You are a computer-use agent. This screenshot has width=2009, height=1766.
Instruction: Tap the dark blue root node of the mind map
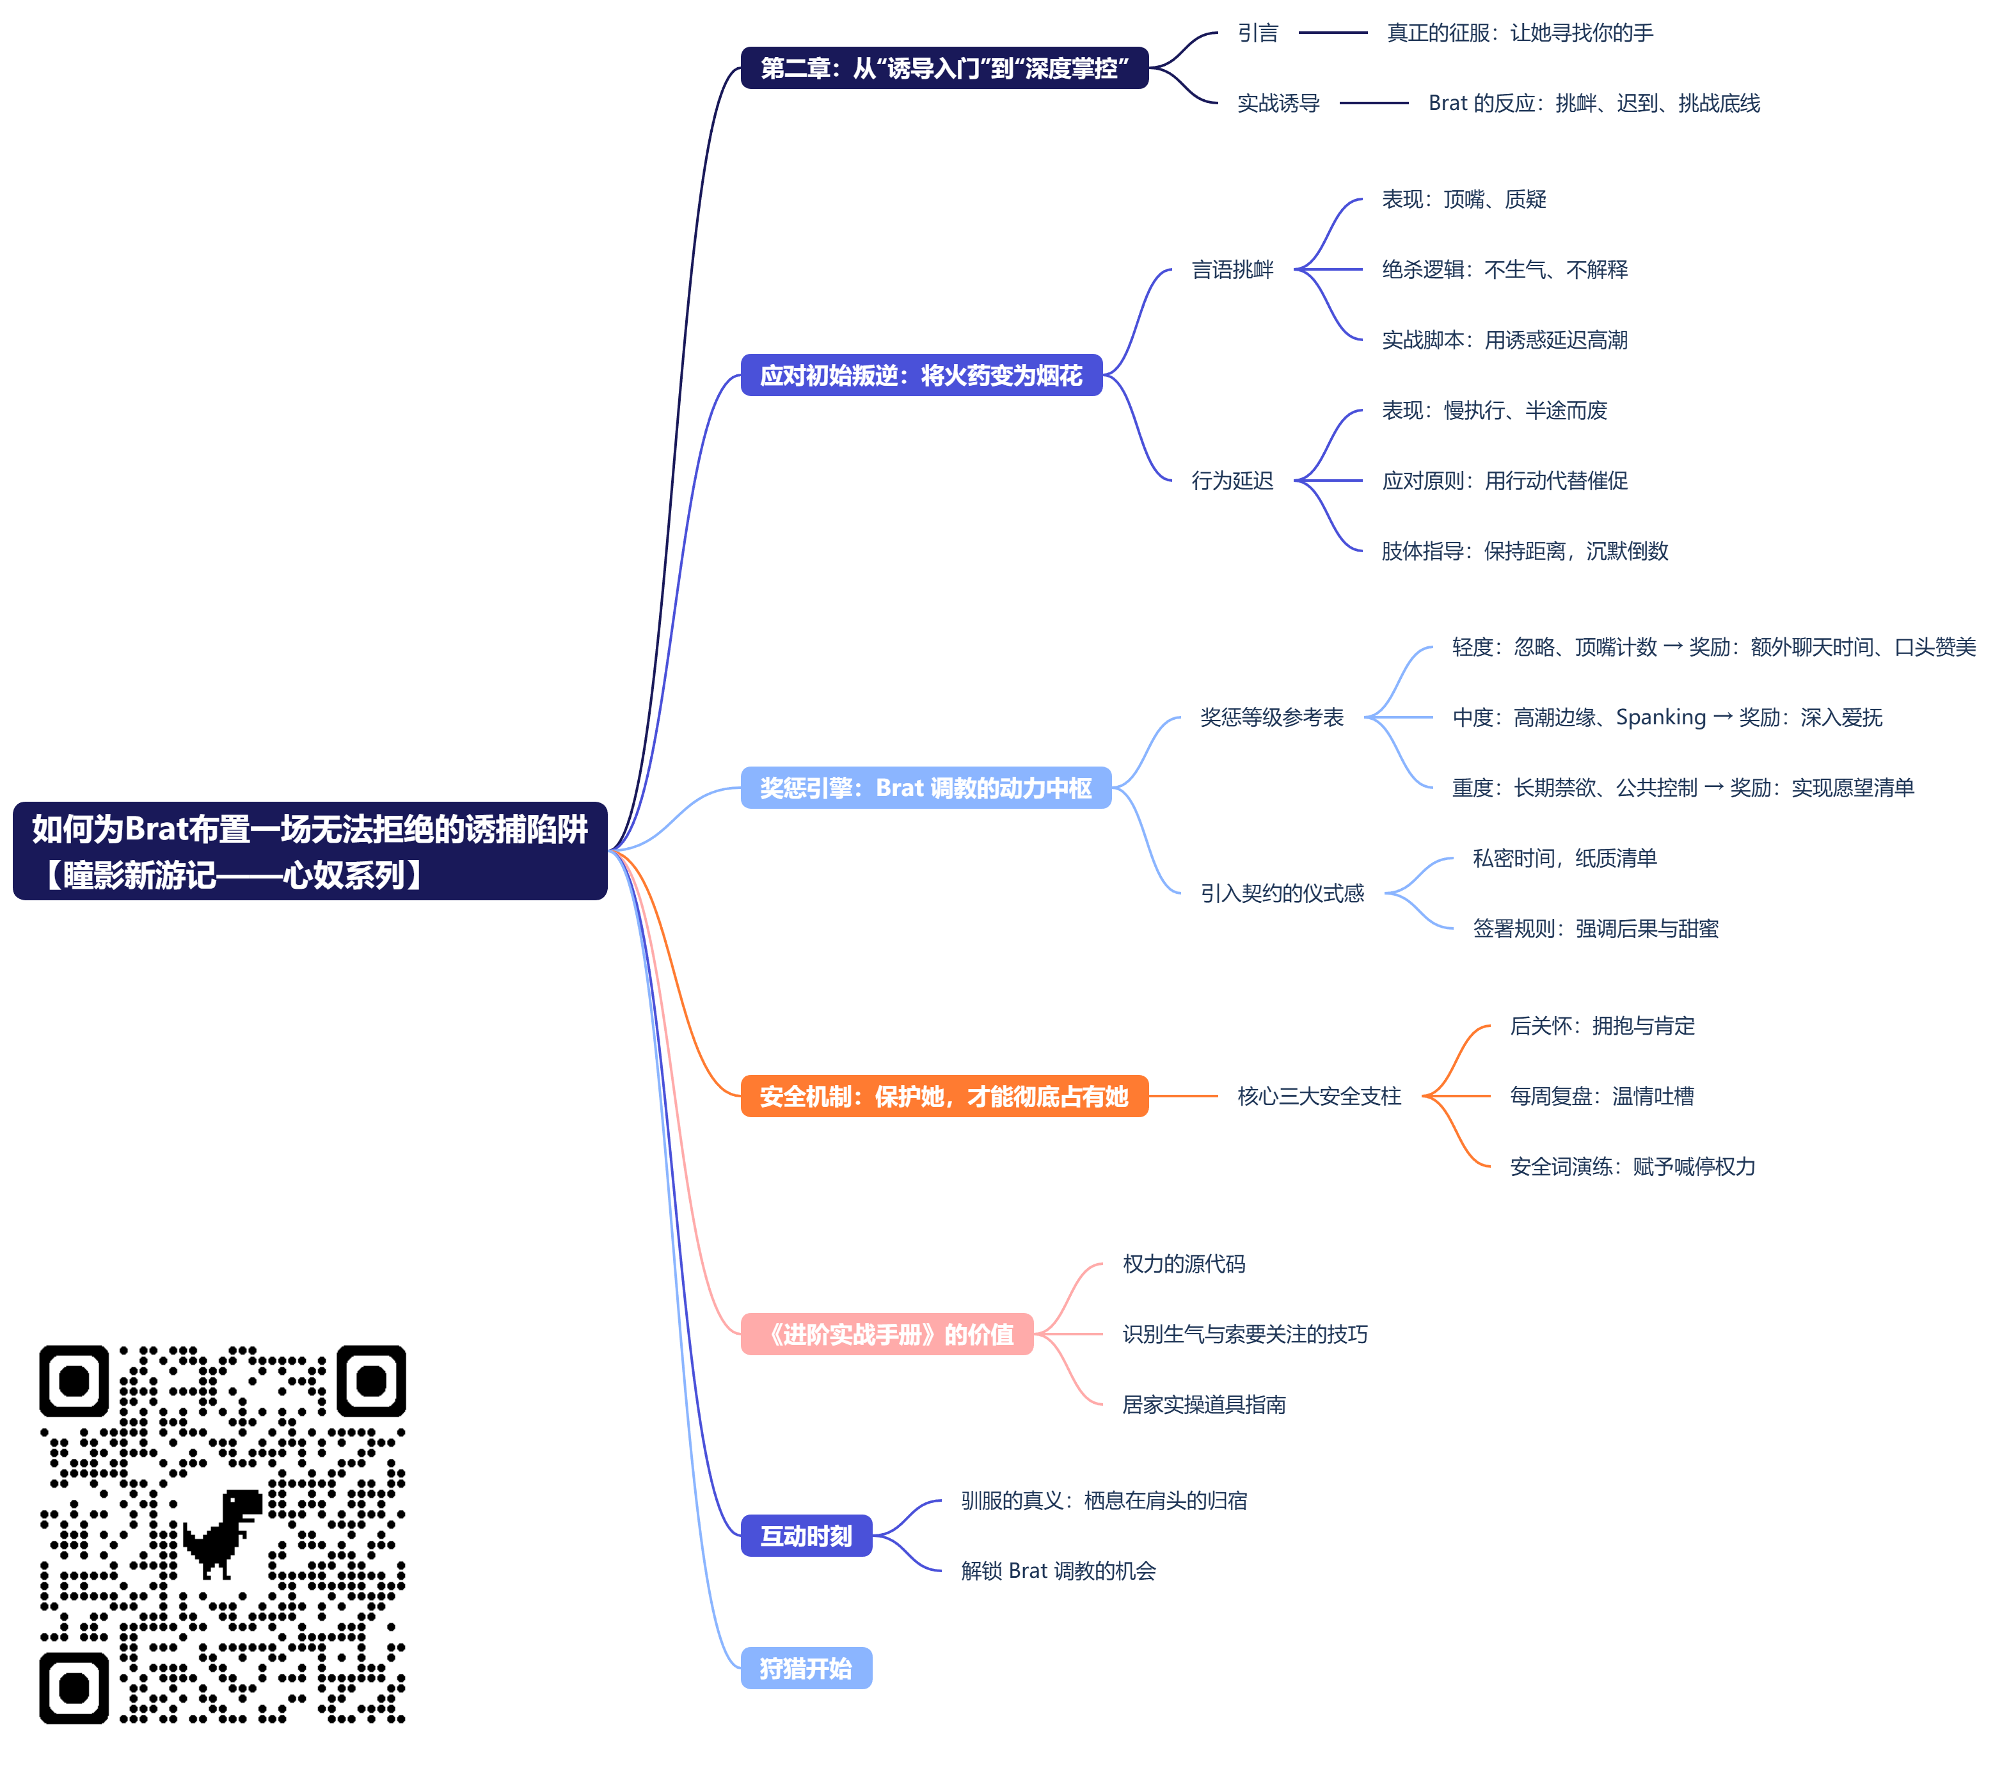[310, 851]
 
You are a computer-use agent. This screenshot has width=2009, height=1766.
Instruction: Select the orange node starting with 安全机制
[944, 1096]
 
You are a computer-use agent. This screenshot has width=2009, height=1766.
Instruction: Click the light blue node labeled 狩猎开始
[806, 1667]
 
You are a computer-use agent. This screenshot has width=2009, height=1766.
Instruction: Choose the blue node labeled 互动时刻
[806, 1535]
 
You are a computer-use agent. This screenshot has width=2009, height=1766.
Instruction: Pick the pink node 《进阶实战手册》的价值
[887, 1333]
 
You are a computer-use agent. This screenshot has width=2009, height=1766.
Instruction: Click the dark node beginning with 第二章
[944, 68]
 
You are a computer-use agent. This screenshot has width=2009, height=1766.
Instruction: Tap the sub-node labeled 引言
[1257, 33]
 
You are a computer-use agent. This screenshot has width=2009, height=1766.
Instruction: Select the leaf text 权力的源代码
[1184, 1264]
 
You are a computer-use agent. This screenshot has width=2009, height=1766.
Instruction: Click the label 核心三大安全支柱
[1318, 1096]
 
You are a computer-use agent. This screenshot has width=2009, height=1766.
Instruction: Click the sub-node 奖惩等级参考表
[1271, 717]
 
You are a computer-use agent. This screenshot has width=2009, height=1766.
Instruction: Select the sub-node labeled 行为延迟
[1232, 481]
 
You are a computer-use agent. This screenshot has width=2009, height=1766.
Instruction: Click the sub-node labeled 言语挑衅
[1232, 269]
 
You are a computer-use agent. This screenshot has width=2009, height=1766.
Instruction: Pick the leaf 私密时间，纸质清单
[1564, 858]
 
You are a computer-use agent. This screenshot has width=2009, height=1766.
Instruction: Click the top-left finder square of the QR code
[74, 1381]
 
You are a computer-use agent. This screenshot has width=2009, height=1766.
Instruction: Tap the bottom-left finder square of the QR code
[74, 1687]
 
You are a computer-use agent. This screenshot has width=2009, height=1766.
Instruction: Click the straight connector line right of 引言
[1332, 33]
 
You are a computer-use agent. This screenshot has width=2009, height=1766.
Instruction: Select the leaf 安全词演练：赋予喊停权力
[1632, 1166]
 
